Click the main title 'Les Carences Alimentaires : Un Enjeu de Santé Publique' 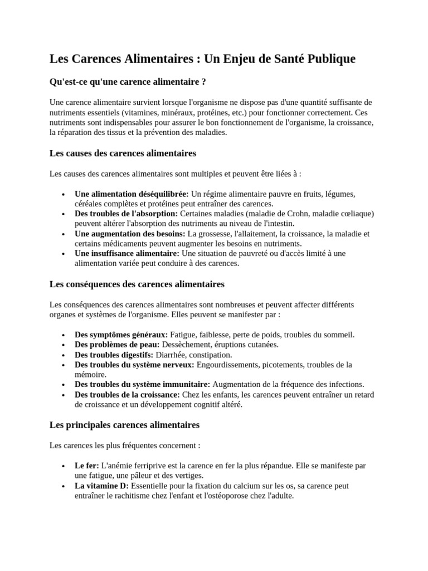click(x=202, y=59)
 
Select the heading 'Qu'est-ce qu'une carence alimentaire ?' click(x=128, y=82)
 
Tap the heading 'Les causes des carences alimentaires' click(x=123, y=153)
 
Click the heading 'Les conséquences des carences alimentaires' click(x=137, y=284)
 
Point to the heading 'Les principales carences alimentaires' click(x=124, y=425)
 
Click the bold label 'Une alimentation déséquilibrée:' click(x=132, y=194)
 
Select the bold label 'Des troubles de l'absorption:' click(x=126, y=214)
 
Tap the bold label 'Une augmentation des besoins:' click(x=130, y=234)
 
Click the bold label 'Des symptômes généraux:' click(x=121, y=335)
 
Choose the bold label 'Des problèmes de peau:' click(x=117, y=345)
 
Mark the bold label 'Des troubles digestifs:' click(x=114, y=355)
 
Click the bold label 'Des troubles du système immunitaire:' click(x=142, y=385)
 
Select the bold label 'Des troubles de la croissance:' click(x=127, y=395)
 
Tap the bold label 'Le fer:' click(x=87, y=466)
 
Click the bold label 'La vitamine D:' click(x=101, y=486)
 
